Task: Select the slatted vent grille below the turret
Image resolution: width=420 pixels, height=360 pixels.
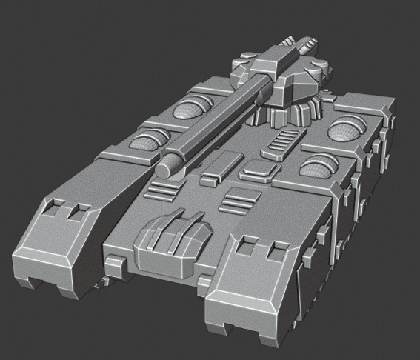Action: click(283, 141)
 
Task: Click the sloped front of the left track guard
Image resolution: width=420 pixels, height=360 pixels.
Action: click(48, 244)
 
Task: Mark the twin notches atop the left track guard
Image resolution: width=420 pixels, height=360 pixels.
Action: click(67, 210)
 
